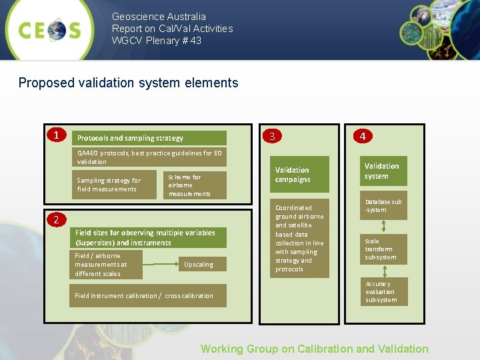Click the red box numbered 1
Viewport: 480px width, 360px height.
[x=57, y=135]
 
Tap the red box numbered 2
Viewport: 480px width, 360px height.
[x=57, y=220]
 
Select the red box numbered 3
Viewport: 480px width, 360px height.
[x=271, y=137]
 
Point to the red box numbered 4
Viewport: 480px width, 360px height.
[x=362, y=136]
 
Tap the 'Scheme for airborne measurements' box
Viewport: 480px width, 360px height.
[x=194, y=185]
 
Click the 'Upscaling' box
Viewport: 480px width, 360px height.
[x=199, y=265]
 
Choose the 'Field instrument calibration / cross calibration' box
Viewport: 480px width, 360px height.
[x=147, y=295]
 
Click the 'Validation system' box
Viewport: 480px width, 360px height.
[x=382, y=171]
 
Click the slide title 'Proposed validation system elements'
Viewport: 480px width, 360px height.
[x=128, y=83]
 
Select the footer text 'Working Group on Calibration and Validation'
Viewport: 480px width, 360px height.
[x=314, y=349]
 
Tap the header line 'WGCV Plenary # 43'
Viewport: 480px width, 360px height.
[x=156, y=41]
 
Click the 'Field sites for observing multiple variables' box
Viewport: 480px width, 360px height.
[x=148, y=237]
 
